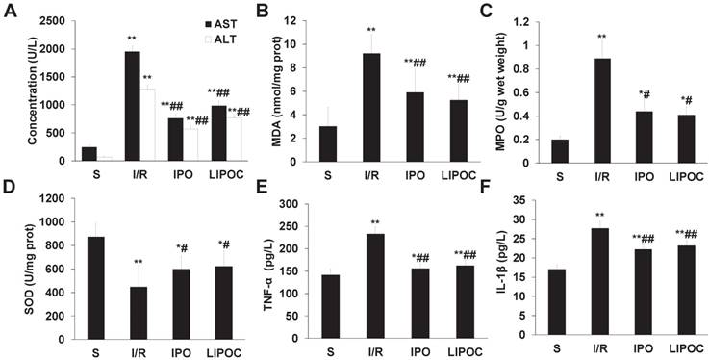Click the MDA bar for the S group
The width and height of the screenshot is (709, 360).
(x=329, y=144)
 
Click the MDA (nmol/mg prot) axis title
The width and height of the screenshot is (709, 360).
(x=275, y=91)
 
